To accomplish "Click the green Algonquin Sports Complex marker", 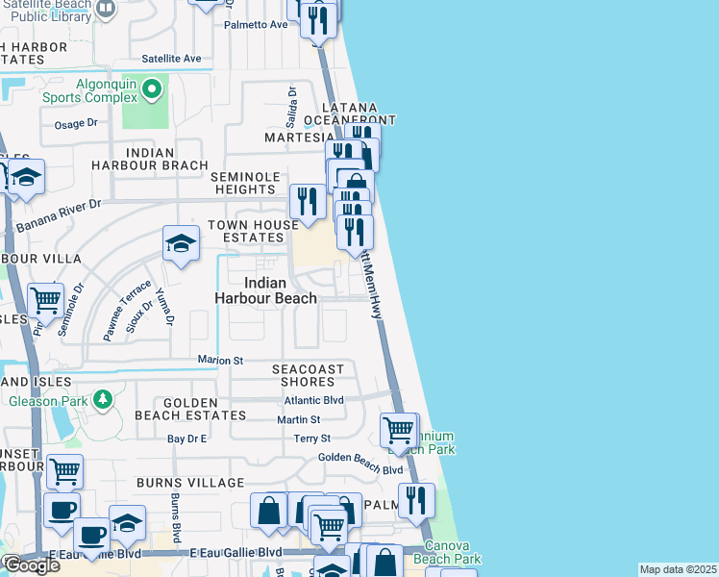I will pos(152,91).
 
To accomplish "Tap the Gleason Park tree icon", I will pos(101,398).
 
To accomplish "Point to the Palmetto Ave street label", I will pos(256,24).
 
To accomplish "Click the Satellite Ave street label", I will pos(171,59).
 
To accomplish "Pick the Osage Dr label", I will pos(77,123).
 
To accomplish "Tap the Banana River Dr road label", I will pos(59,216).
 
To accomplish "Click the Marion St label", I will pos(221,361).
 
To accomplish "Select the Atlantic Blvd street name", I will pos(313,400).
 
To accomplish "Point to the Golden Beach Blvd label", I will pos(360,457).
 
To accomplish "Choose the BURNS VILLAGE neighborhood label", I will pos(190,482).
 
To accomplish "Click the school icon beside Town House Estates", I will pos(180,244).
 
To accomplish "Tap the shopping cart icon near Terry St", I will pos(398,430).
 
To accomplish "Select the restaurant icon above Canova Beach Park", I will pos(416,500).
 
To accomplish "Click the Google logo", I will pos(31,565).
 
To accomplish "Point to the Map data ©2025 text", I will pos(678,569).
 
